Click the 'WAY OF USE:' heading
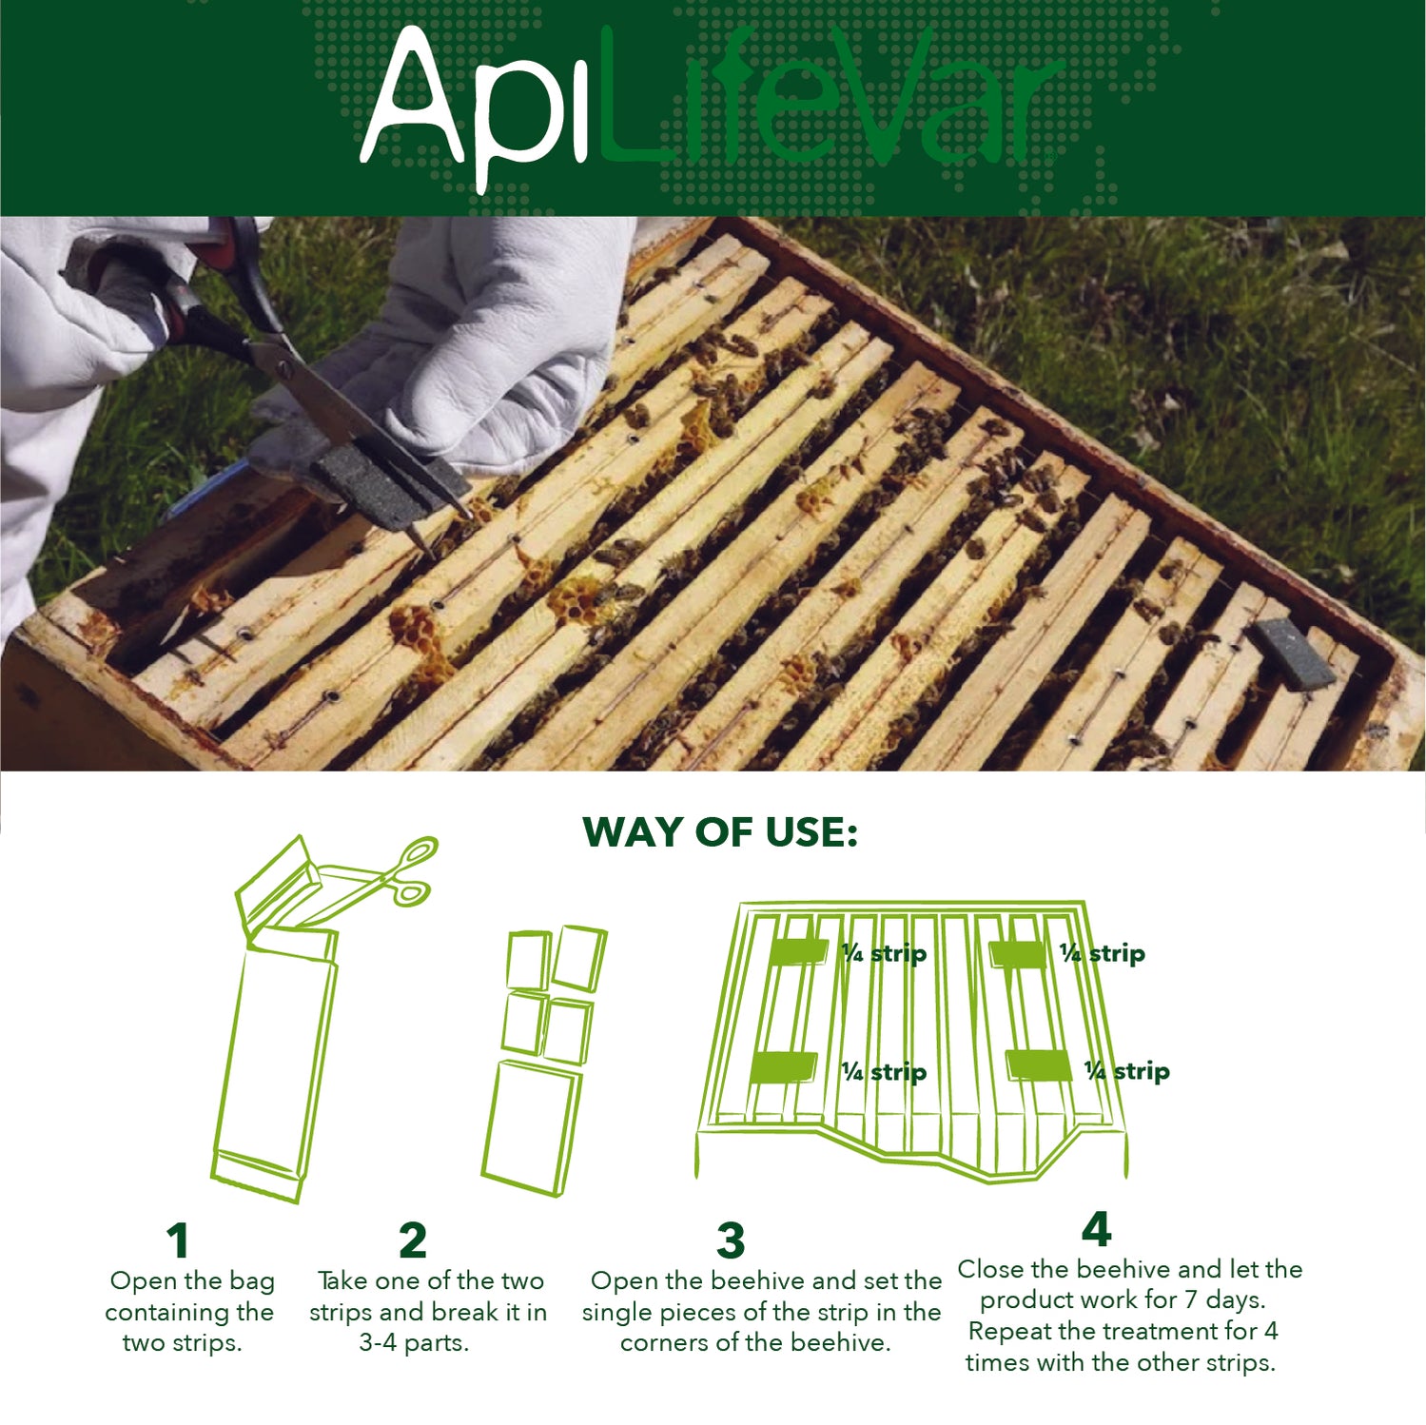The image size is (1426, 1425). tap(720, 832)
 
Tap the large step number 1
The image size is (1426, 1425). tap(178, 1240)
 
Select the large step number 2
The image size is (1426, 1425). tap(412, 1240)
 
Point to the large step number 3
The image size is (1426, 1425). tap(731, 1240)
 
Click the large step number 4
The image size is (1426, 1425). tap(1096, 1229)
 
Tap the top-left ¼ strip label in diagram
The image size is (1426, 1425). tap(884, 953)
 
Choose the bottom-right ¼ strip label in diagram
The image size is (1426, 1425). tap(1126, 1071)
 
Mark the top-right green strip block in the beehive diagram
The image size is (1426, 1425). tap(1018, 953)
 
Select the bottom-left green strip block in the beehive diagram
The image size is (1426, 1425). tap(783, 1067)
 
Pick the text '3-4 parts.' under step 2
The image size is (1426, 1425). tap(414, 1342)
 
